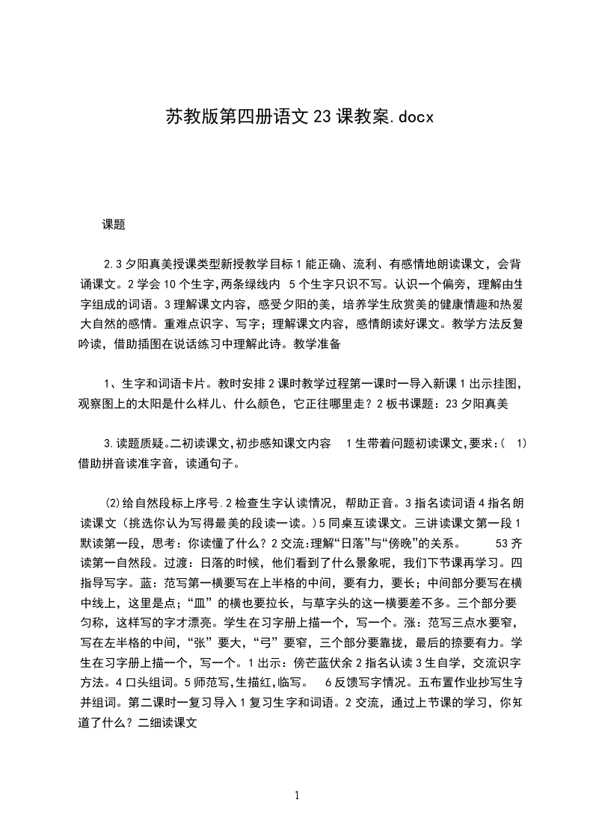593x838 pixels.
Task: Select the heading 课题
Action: tap(114, 223)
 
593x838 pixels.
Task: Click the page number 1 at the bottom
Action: tap(297, 795)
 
